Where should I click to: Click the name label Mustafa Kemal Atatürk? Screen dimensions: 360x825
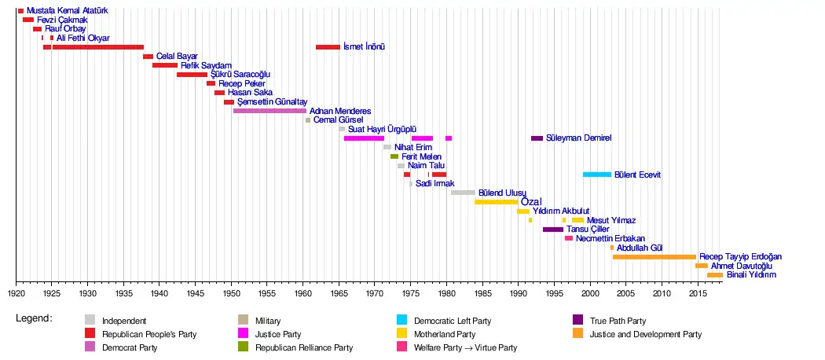68,11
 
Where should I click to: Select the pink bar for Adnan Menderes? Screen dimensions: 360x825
269,111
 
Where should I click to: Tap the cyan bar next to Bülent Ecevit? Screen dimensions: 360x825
596,174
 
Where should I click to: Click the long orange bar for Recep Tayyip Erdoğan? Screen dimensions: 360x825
654,257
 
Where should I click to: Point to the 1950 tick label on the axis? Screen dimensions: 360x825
232,293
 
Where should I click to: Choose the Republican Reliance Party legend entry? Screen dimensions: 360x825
303,347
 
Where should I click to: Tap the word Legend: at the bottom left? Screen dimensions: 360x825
34,318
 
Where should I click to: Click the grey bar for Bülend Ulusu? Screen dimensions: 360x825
463,193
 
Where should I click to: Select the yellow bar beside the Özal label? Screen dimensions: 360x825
496,202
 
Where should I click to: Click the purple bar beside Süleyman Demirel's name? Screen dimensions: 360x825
537,138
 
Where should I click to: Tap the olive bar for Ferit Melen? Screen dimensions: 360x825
394,156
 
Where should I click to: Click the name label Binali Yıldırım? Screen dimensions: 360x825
751,275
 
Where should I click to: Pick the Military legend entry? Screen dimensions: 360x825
268,321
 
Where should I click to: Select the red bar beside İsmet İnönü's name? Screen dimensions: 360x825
328,47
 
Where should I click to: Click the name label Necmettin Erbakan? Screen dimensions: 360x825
610,238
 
